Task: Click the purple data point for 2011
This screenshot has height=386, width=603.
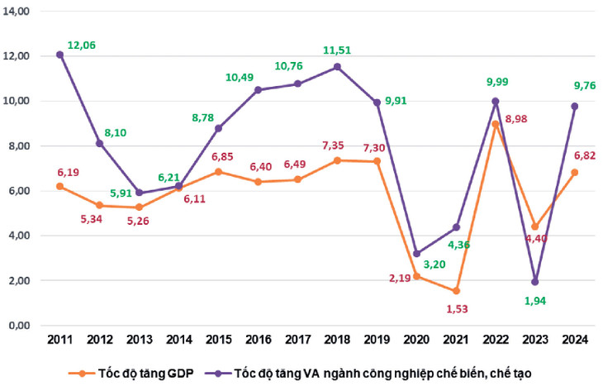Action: point(59,55)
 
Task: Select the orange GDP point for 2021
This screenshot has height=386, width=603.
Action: point(455,291)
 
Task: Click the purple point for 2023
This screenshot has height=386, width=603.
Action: point(535,282)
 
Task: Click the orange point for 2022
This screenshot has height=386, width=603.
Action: point(496,124)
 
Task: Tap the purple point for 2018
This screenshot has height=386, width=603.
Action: point(337,67)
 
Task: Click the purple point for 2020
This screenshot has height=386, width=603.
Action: point(416,254)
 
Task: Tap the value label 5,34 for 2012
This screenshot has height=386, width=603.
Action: point(100,219)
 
